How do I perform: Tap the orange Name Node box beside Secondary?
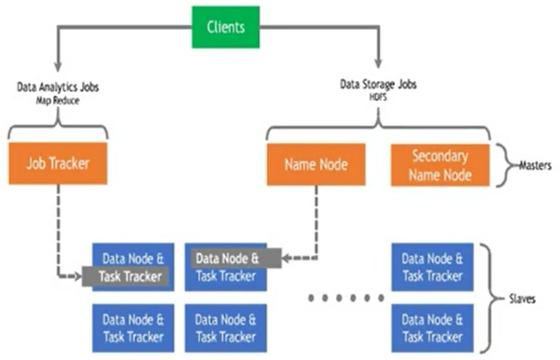point(315,164)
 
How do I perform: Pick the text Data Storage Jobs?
point(380,85)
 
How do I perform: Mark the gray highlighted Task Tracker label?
point(124,276)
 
